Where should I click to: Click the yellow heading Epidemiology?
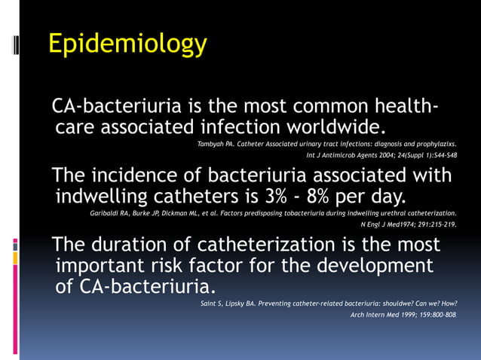[x=127, y=44]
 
